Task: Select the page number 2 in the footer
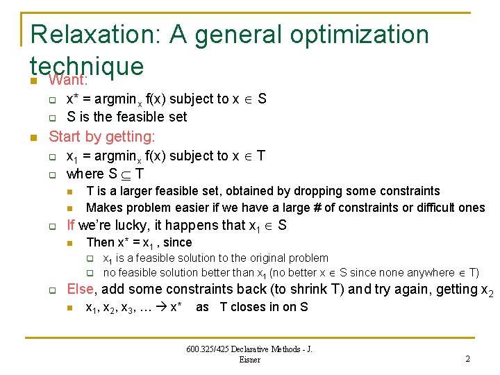(467, 358)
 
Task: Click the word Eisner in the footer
(249, 359)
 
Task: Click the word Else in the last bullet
(79, 289)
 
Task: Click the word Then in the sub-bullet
(100, 242)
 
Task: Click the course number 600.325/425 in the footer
(210, 349)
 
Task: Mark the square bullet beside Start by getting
(33, 137)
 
